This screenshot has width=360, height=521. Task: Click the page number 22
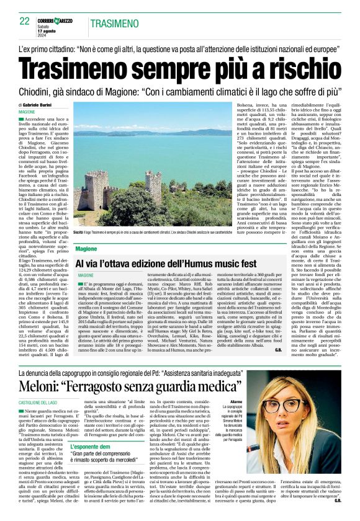tap(25, 21)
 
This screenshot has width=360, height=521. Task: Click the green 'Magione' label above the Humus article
tap(86, 248)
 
